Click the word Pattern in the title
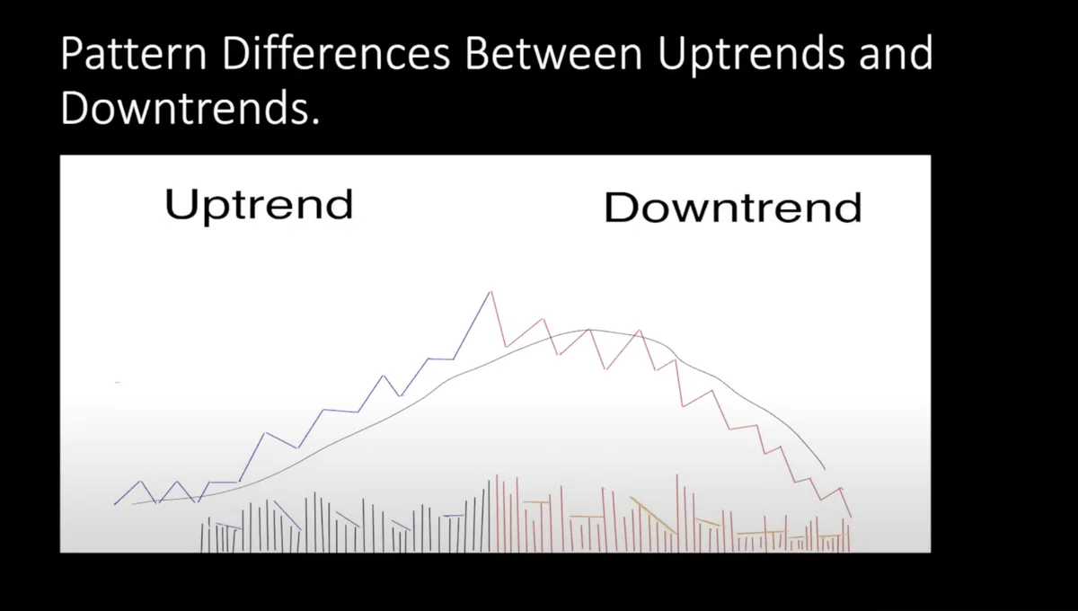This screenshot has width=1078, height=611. (133, 53)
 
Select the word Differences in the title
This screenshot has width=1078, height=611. (335, 53)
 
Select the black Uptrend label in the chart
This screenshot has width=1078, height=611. (259, 206)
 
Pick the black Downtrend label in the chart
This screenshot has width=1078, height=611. (732, 207)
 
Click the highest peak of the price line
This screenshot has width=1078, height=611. (490, 291)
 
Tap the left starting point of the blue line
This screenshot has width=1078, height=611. (115, 504)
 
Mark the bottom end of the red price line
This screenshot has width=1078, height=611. (852, 518)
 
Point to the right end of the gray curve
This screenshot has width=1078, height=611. (825, 468)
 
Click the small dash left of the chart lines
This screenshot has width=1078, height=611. (118, 382)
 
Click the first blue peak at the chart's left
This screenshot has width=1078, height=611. (140, 481)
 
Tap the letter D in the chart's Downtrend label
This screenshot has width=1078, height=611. (619, 207)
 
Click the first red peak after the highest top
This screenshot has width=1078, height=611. (543, 319)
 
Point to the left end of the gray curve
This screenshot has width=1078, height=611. (132, 504)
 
